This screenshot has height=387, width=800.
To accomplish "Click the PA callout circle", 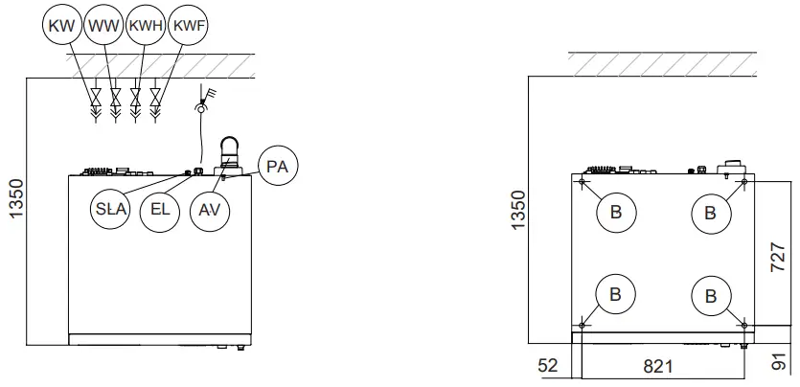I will tap(278, 167).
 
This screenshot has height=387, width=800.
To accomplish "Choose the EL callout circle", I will tap(160, 211).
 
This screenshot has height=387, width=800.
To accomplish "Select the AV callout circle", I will tap(208, 211).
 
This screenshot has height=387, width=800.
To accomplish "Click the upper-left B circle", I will tap(615, 213).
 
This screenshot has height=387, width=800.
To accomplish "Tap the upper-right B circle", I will tap(710, 213).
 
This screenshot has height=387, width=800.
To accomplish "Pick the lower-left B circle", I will tap(615, 295).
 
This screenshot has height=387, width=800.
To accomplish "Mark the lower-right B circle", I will tap(710, 295).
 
